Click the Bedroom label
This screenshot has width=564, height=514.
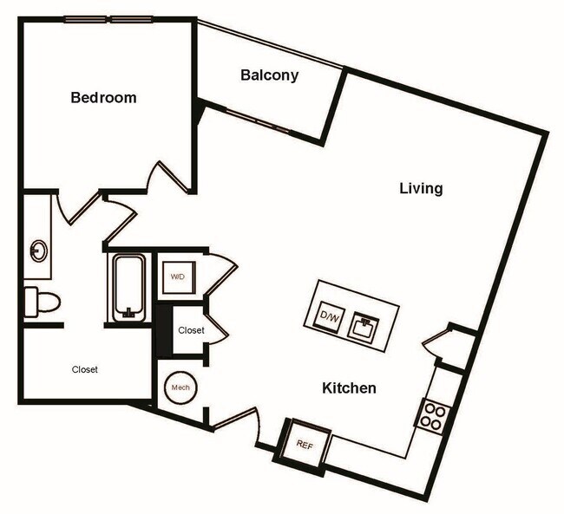coord(103,97)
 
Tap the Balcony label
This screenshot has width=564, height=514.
coord(269,75)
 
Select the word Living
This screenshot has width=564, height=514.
coord(421,188)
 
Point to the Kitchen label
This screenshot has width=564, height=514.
coord(350,387)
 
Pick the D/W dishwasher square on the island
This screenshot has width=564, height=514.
coord(331,316)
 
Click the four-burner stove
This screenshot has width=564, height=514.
coord(432,416)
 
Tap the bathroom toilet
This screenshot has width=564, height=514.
coord(42,302)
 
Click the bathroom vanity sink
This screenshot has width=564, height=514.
coord(39,251)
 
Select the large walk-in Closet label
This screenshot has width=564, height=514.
coord(84,369)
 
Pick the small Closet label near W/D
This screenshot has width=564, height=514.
coord(191,330)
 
